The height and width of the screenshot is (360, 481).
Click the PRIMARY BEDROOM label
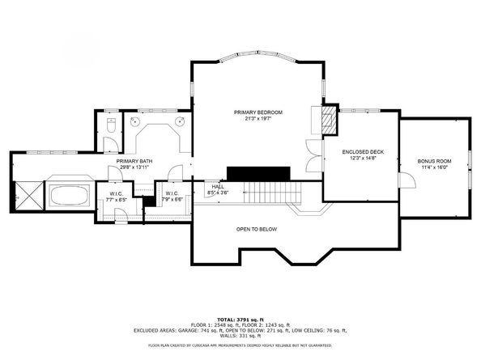click(x=257, y=112)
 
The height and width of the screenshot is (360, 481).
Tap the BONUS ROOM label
click(x=434, y=162)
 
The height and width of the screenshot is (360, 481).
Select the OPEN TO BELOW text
click(x=257, y=230)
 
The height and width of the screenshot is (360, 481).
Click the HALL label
click(x=218, y=187)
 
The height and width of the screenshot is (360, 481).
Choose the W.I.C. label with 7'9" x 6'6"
click(x=172, y=193)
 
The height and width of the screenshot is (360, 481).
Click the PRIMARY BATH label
click(x=134, y=161)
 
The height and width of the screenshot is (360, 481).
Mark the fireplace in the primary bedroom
click(x=328, y=122)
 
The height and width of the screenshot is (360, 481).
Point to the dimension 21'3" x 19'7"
click(x=257, y=118)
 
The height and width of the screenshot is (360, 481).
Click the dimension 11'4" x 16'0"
click(x=434, y=168)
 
